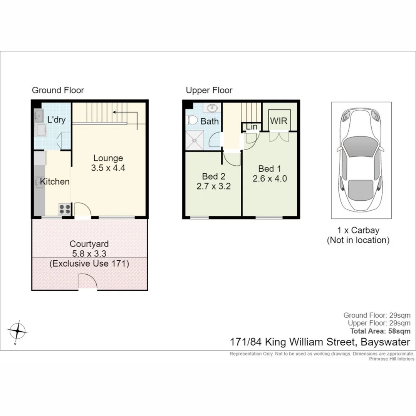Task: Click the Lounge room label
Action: coord(108,158)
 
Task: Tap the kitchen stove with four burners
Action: coord(64,209)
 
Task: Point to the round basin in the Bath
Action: coord(212,107)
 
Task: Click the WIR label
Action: coord(278,121)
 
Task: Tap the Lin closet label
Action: coord(252,127)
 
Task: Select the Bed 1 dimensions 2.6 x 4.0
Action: coord(270,179)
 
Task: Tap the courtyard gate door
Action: coord(87,281)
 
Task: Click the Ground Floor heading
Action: coord(58,91)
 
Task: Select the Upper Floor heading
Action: coord(209,91)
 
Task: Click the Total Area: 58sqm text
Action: coord(380,331)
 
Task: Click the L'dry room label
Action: coord(56,120)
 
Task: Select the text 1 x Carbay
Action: coord(358,230)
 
